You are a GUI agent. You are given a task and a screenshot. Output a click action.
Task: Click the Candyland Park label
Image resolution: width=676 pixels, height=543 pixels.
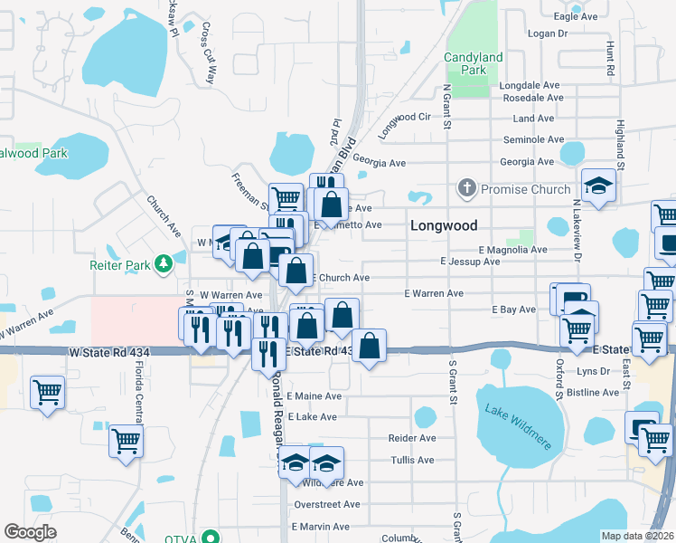click(474, 63)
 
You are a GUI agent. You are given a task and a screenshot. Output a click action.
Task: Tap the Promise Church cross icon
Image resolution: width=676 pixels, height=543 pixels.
click(466, 189)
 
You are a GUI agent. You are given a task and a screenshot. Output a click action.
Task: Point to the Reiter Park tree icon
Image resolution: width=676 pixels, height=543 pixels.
click(164, 264)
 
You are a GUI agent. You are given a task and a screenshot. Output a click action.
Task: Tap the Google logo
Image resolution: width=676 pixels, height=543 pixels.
click(30, 532)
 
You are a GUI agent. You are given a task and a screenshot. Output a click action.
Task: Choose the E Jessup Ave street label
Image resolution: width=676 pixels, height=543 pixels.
click(470, 262)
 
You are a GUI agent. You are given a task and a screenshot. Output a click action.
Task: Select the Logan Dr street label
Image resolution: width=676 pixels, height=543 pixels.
click(546, 33)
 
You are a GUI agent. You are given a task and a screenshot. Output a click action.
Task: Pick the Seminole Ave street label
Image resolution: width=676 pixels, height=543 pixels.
click(533, 139)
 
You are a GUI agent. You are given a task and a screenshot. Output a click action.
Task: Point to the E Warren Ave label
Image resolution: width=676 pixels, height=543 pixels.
click(433, 293)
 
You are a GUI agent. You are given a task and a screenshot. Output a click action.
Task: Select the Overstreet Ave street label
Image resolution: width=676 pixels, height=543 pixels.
click(327, 504)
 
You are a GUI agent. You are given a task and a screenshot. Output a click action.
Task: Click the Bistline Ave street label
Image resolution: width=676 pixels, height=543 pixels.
click(592, 392)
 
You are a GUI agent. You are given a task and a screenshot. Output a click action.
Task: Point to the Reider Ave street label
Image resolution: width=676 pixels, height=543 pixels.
click(412, 438)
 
